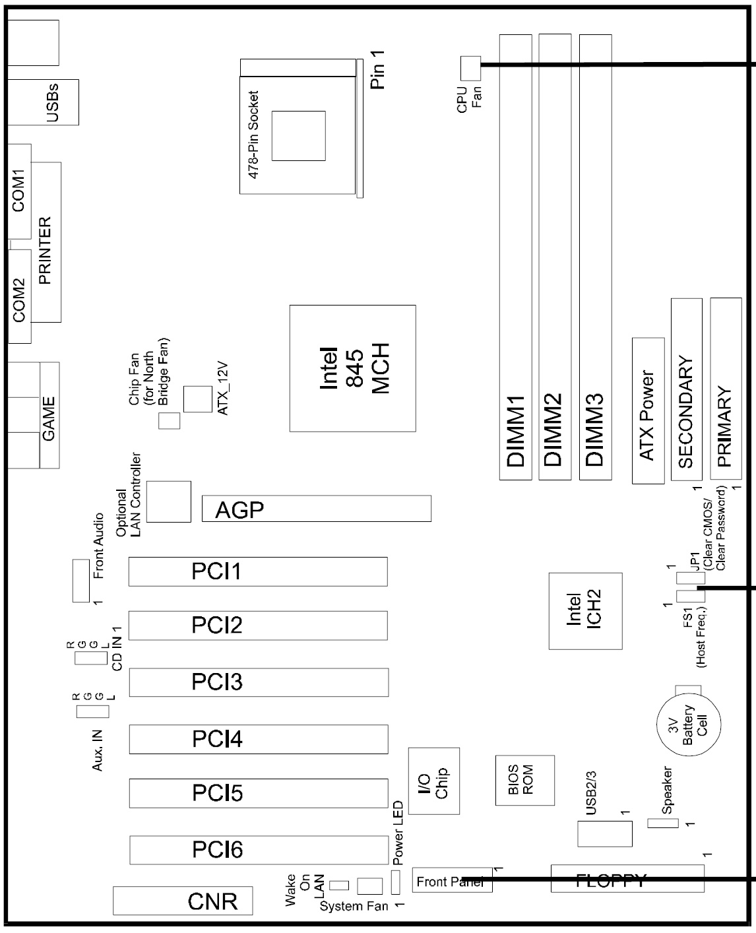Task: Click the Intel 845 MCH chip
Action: coord(352,368)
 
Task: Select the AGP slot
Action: coord(316,508)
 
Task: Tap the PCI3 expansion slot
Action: coord(258,682)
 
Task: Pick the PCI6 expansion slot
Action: coord(258,850)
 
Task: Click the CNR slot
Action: coord(182,901)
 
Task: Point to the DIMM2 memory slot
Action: coord(555,257)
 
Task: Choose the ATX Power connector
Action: coord(648,410)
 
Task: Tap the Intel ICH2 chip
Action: coord(585,610)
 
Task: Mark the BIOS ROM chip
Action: coord(524,780)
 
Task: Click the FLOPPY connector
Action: coord(627,878)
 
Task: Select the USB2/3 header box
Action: coord(604,834)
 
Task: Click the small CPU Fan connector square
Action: coord(469,66)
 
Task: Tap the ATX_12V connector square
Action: coord(197,399)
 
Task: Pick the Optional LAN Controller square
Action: coord(169,501)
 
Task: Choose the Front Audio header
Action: coord(80,580)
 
